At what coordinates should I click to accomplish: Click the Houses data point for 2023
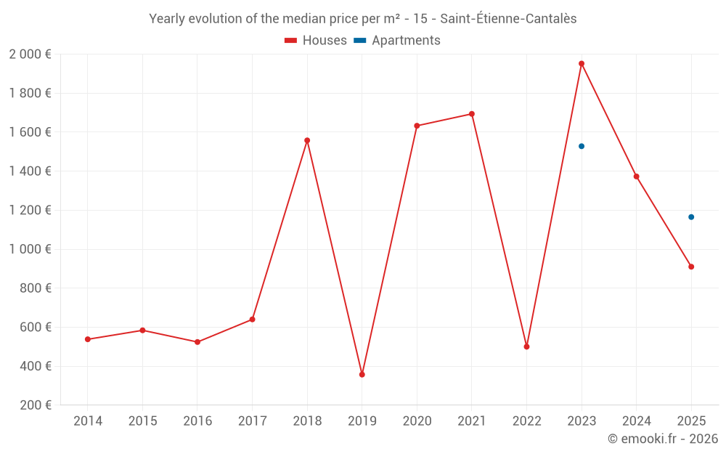tap(582, 63)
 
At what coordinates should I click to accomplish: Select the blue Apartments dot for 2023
tap(582, 146)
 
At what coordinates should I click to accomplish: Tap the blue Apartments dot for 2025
tap(691, 217)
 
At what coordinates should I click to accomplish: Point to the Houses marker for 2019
tap(362, 375)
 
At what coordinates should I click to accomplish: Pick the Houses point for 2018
tap(307, 140)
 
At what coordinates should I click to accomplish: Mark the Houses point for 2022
tap(526, 346)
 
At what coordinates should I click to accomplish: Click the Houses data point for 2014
tap(88, 339)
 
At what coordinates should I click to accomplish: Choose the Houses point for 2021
tap(472, 114)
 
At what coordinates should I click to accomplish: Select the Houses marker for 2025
tap(691, 267)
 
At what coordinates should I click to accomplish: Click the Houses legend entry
tap(316, 41)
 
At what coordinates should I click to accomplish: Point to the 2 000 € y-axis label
tap(30, 54)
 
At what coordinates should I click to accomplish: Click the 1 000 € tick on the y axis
tap(30, 249)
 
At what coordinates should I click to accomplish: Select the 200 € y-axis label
tap(34, 405)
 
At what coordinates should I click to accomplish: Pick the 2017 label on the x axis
tap(252, 421)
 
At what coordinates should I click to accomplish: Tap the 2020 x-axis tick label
tap(417, 421)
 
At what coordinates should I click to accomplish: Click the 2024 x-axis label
tap(636, 421)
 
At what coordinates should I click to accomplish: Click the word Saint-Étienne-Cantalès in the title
tap(508, 19)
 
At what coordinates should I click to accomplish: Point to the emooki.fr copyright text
tap(663, 439)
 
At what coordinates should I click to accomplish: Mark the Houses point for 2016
tap(197, 342)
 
